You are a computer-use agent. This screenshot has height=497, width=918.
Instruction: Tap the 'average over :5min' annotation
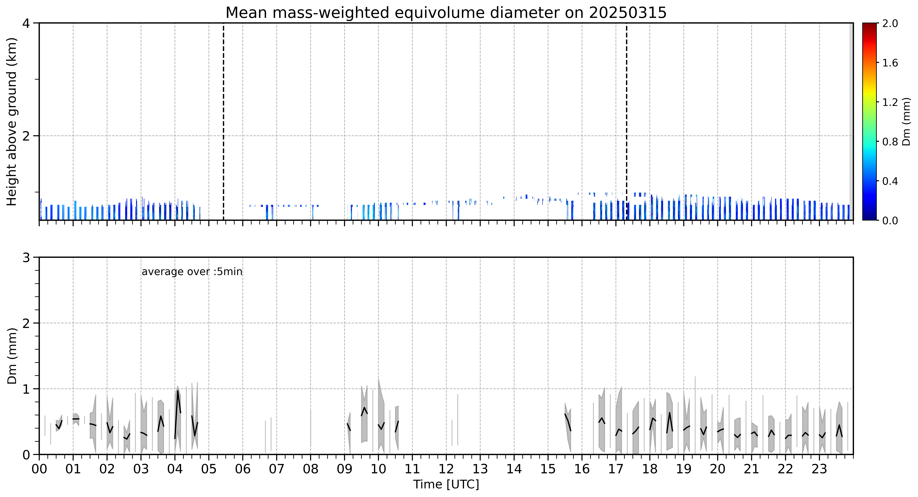click(x=192, y=272)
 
